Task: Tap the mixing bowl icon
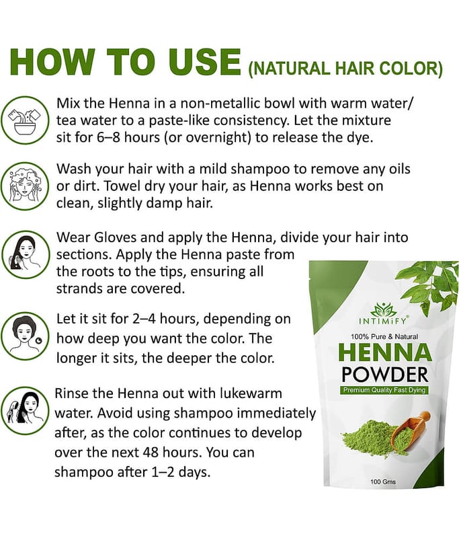(x=26, y=120)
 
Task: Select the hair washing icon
(x=26, y=186)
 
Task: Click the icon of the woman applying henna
(x=26, y=255)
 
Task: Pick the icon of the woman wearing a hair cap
(x=26, y=336)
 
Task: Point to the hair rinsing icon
(x=26, y=411)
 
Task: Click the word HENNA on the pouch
(x=385, y=352)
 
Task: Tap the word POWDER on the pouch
(x=385, y=375)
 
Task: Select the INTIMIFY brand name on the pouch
(x=382, y=321)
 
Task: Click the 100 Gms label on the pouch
(x=383, y=482)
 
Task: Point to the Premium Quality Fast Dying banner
(x=384, y=390)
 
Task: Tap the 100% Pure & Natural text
(x=384, y=337)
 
